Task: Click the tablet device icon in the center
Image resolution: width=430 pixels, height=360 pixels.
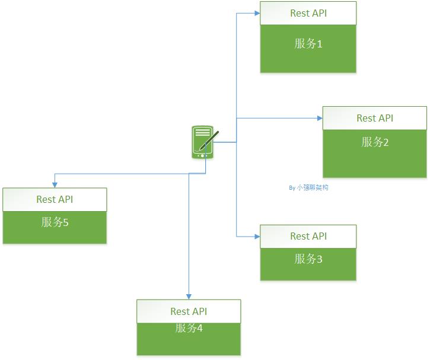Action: click(x=203, y=142)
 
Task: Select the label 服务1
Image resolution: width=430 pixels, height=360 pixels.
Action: click(x=308, y=43)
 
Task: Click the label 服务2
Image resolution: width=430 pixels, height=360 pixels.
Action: click(x=374, y=142)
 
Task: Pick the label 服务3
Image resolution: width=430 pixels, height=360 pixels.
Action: click(x=308, y=259)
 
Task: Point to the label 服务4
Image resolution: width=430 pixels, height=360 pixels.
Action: click(x=189, y=328)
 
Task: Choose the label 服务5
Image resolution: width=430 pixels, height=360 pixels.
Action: click(x=55, y=222)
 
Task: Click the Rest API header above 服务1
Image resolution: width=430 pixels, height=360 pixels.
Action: click(x=308, y=13)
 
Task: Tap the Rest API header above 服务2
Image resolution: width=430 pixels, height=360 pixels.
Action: click(x=374, y=118)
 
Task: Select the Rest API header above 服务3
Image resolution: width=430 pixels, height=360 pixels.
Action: click(x=308, y=236)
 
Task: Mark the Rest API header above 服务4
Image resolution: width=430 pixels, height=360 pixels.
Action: click(x=189, y=311)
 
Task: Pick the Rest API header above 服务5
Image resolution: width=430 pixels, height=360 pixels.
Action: click(x=55, y=199)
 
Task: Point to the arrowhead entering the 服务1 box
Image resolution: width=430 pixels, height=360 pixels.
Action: click(x=257, y=13)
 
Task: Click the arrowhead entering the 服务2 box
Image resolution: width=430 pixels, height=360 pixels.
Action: click(x=320, y=118)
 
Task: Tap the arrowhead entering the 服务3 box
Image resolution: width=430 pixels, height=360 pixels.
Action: click(x=257, y=236)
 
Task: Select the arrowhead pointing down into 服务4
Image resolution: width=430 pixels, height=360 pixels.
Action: click(x=189, y=297)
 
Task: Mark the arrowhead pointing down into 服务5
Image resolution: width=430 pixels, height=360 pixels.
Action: click(x=55, y=185)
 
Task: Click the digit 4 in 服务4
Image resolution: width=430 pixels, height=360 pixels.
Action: click(x=199, y=328)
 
